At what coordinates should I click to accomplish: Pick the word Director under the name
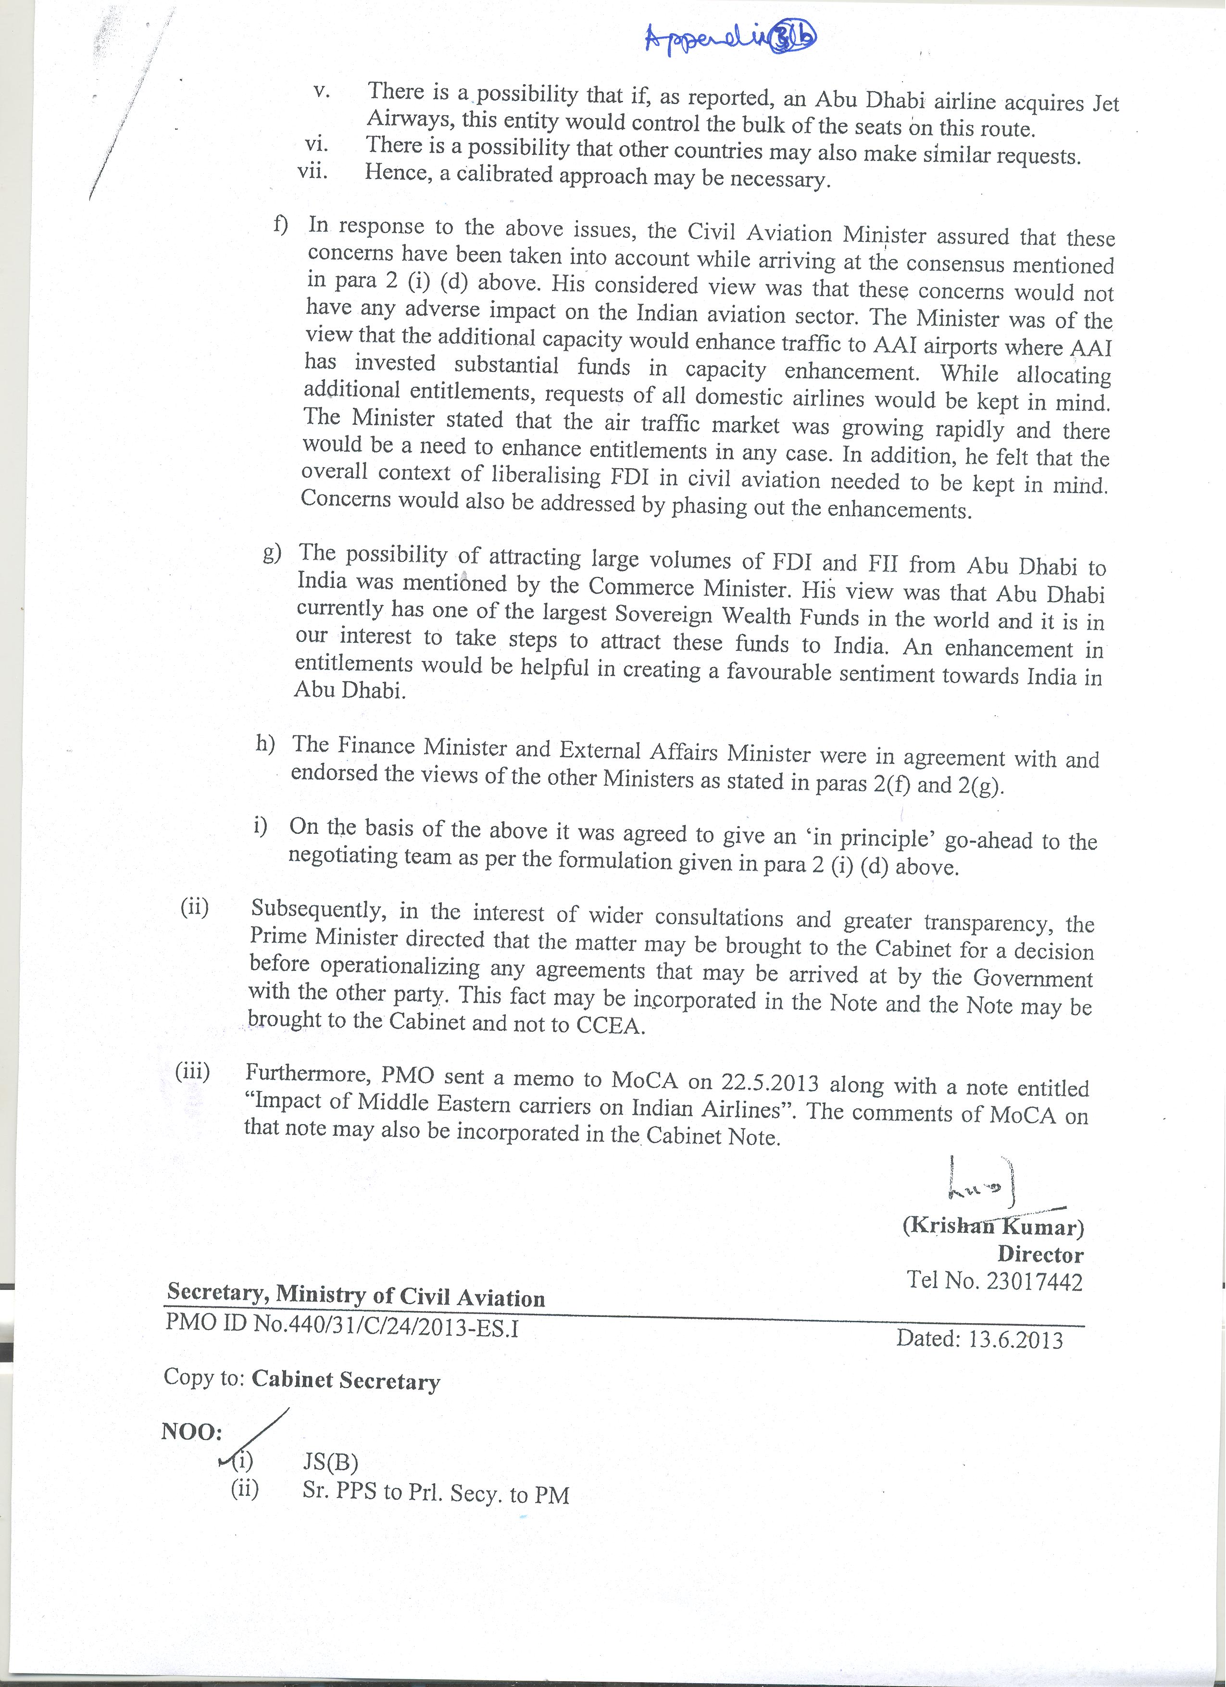click(x=1040, y=1254)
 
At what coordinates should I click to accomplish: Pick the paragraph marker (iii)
click(x=192, y=1072)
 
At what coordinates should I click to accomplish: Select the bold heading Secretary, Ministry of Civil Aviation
click(x=356, y=1295)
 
